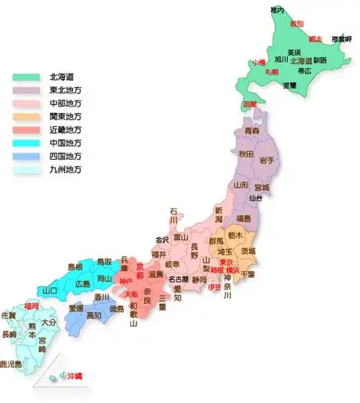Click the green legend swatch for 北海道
pos(26,76)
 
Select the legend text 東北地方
pos(66,89)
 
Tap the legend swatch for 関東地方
pos(26,116)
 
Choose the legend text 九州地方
pos(66,170)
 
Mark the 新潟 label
pos(219,214)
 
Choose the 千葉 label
pos(247,275)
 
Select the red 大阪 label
pos(132,294)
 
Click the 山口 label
pos(50,291)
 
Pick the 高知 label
pos(94,315)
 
